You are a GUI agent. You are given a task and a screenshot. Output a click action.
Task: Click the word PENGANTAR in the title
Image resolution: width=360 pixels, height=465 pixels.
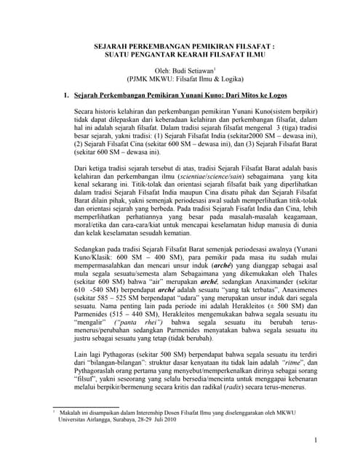coord(160,54)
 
